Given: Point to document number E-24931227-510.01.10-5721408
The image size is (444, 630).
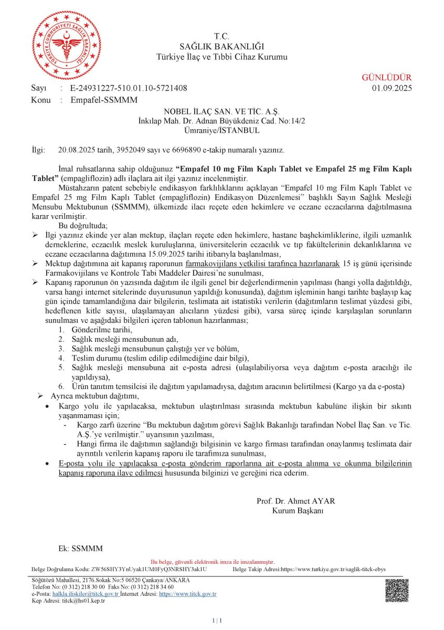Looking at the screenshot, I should pos(129,88).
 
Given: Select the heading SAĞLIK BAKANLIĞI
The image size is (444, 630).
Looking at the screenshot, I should pos(221,46).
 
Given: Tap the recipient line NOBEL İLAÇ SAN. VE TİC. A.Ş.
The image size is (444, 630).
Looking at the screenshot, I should pos(221,112).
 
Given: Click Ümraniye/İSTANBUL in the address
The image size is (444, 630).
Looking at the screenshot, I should pos(221,130).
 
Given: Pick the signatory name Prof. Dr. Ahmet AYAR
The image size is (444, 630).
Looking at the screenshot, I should pos(295,501).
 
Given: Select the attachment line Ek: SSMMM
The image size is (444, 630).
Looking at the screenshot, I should pos(80,549).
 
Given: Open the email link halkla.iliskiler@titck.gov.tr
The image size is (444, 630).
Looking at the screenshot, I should pos(86,594).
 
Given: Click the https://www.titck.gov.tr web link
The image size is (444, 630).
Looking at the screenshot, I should pos(187,594).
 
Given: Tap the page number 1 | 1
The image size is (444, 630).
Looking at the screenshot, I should pos(217,621).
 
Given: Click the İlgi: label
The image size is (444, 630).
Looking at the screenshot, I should pos(39,150).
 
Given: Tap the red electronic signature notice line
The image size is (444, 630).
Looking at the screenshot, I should pos(212,562).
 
